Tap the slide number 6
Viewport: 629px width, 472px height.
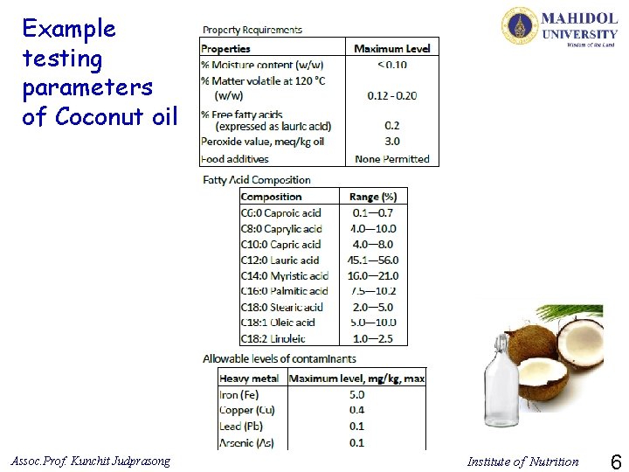(x=615, y=462)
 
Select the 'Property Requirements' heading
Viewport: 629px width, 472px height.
(x=252, y=29)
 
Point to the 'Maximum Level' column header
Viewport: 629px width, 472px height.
(x=392, y=49)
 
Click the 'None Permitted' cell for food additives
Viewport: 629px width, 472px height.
(x=392, y=159)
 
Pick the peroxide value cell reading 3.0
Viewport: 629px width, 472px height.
(x=392, y=142)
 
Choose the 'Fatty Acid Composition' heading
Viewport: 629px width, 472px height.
(x=256, y=180)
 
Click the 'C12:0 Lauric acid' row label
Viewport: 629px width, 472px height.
(x=280, y=260)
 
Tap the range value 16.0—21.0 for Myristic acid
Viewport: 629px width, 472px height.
(x=373, y=275)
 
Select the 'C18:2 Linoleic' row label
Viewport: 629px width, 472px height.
(x=273, y=338)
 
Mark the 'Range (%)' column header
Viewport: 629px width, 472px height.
(x=373, y=197)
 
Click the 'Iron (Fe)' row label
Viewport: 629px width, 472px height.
(x=238, y=395)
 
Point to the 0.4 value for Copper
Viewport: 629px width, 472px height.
(x=356, y=411)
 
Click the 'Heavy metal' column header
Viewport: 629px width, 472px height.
(x=249, y=378)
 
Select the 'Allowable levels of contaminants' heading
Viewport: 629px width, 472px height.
(x=280, y=358)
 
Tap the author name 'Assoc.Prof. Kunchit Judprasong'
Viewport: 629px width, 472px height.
(x=91, y=461)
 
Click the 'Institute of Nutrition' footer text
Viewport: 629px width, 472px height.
(x=522, y=462)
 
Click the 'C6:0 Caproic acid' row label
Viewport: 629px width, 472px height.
(x=280, y=212)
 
